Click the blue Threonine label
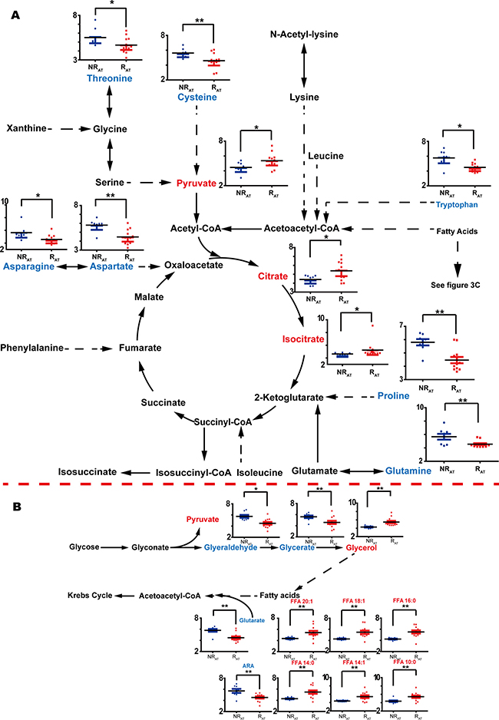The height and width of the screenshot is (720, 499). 110,78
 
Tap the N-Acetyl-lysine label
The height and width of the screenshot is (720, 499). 304,35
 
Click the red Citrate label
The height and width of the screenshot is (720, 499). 273,276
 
